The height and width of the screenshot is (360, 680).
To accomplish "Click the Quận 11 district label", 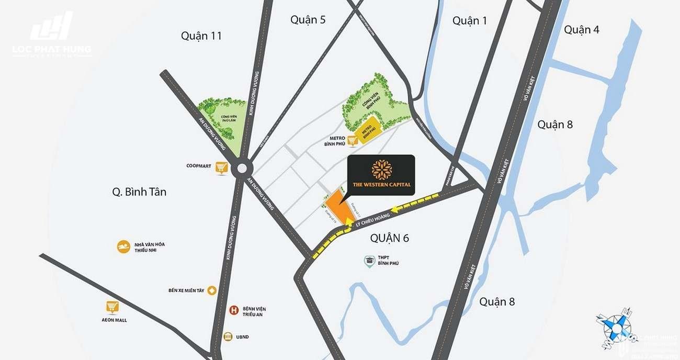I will point(201,36).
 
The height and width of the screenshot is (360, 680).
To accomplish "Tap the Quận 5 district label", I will point(308,20).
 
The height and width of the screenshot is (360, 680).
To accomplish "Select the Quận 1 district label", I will point(470,20).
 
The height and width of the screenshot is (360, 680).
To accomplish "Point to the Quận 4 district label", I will point(581,30).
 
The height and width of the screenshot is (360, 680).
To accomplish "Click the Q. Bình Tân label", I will point(139,192).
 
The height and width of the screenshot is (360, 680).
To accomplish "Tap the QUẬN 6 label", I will point(389,238).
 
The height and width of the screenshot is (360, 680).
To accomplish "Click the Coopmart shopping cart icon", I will point(222,167).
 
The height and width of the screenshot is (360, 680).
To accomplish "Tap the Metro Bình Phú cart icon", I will point(353,140).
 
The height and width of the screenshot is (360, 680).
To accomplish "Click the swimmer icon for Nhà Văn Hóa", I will point(123,247).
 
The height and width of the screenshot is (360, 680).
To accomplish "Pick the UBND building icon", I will point(228,337).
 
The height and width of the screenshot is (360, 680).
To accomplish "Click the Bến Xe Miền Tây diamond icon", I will point(212,290).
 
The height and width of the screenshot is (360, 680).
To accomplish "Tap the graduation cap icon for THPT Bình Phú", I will point(370,260).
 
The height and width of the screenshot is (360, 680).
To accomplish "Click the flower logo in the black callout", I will point(381,170).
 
